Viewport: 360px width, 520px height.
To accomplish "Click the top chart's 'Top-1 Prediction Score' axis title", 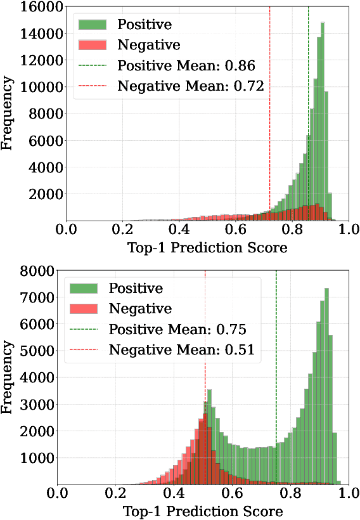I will click(x=207, y=248).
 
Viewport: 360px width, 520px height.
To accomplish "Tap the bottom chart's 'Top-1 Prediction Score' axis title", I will click(x=203, y=510).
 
